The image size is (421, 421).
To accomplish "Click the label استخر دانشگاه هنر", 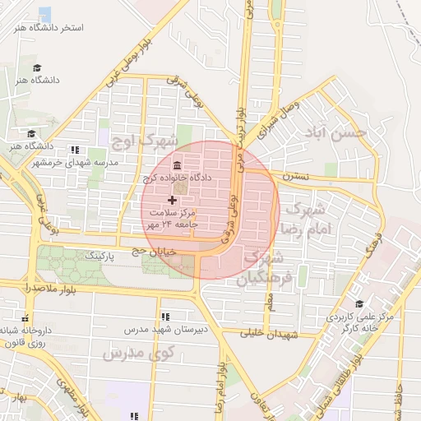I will [x=49, y=28].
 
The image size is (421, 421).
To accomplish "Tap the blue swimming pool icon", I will [x=44, y=14].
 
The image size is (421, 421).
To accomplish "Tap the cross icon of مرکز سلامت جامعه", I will [x=172, y=200].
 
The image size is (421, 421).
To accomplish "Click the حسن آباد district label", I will [x=333, y=133].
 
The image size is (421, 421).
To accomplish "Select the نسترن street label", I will [x=295, y=176].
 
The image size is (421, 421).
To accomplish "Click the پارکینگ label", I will [x=84, y=257].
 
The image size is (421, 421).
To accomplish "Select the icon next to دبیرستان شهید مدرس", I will [x=165, y=316].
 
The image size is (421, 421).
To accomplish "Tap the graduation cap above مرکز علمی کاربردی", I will [x=358, y=303].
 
